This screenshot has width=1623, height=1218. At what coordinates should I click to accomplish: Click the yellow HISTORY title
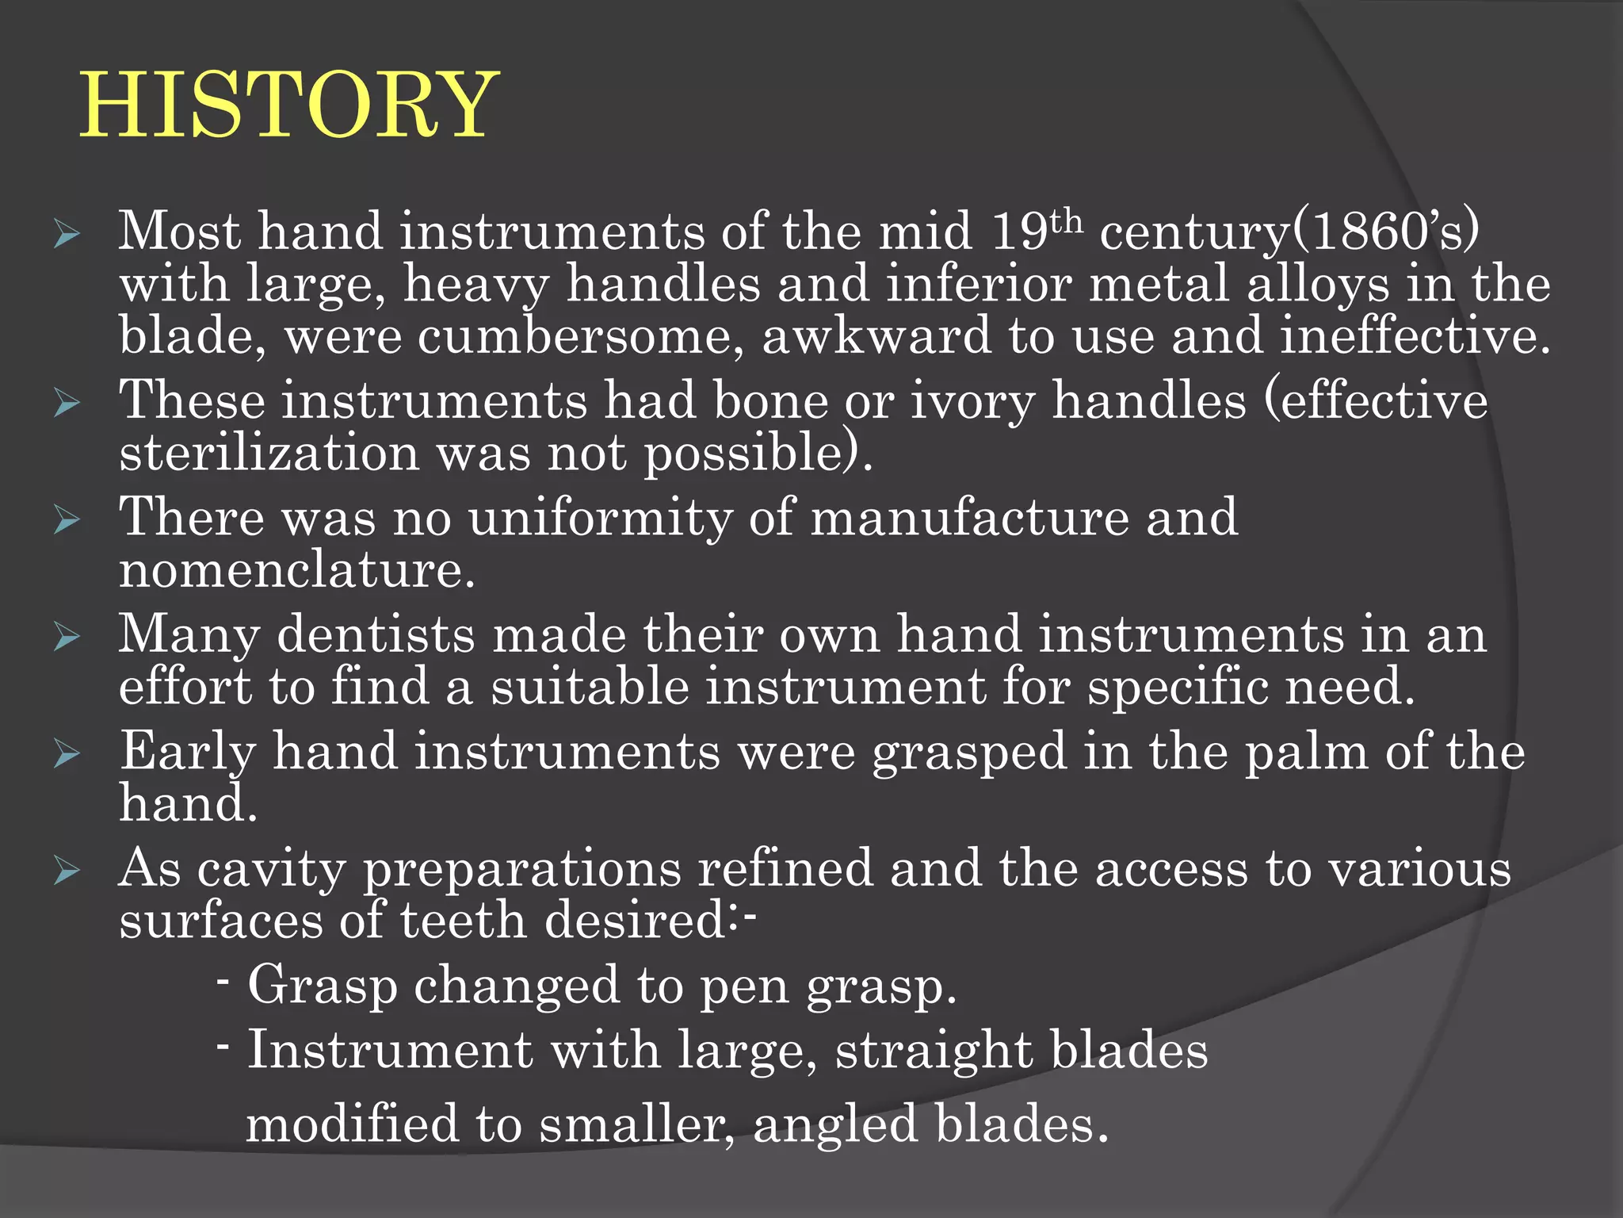(x=289, y=105)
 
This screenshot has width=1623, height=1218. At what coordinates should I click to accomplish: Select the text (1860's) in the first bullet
(x=1385, y=231)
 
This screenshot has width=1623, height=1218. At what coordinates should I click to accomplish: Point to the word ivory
(x=972, y=400)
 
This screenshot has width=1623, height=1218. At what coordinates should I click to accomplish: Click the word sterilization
(x=269, y=453)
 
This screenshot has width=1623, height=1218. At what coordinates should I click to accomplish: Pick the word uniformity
(x=600, y=518)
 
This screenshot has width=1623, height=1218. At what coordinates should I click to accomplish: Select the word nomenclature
(x=297, y=569)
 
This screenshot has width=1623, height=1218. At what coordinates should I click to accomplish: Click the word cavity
(x=271, y=869)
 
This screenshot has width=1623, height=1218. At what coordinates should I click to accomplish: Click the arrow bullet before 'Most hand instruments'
(x=67, y=235)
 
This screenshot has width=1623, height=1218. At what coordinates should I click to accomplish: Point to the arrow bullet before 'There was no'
(x=67, y=521)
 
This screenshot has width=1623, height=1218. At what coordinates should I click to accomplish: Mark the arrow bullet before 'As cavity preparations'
(x=67, y=872)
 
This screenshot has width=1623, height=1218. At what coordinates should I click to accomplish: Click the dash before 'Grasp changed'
(x=223, y=982)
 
